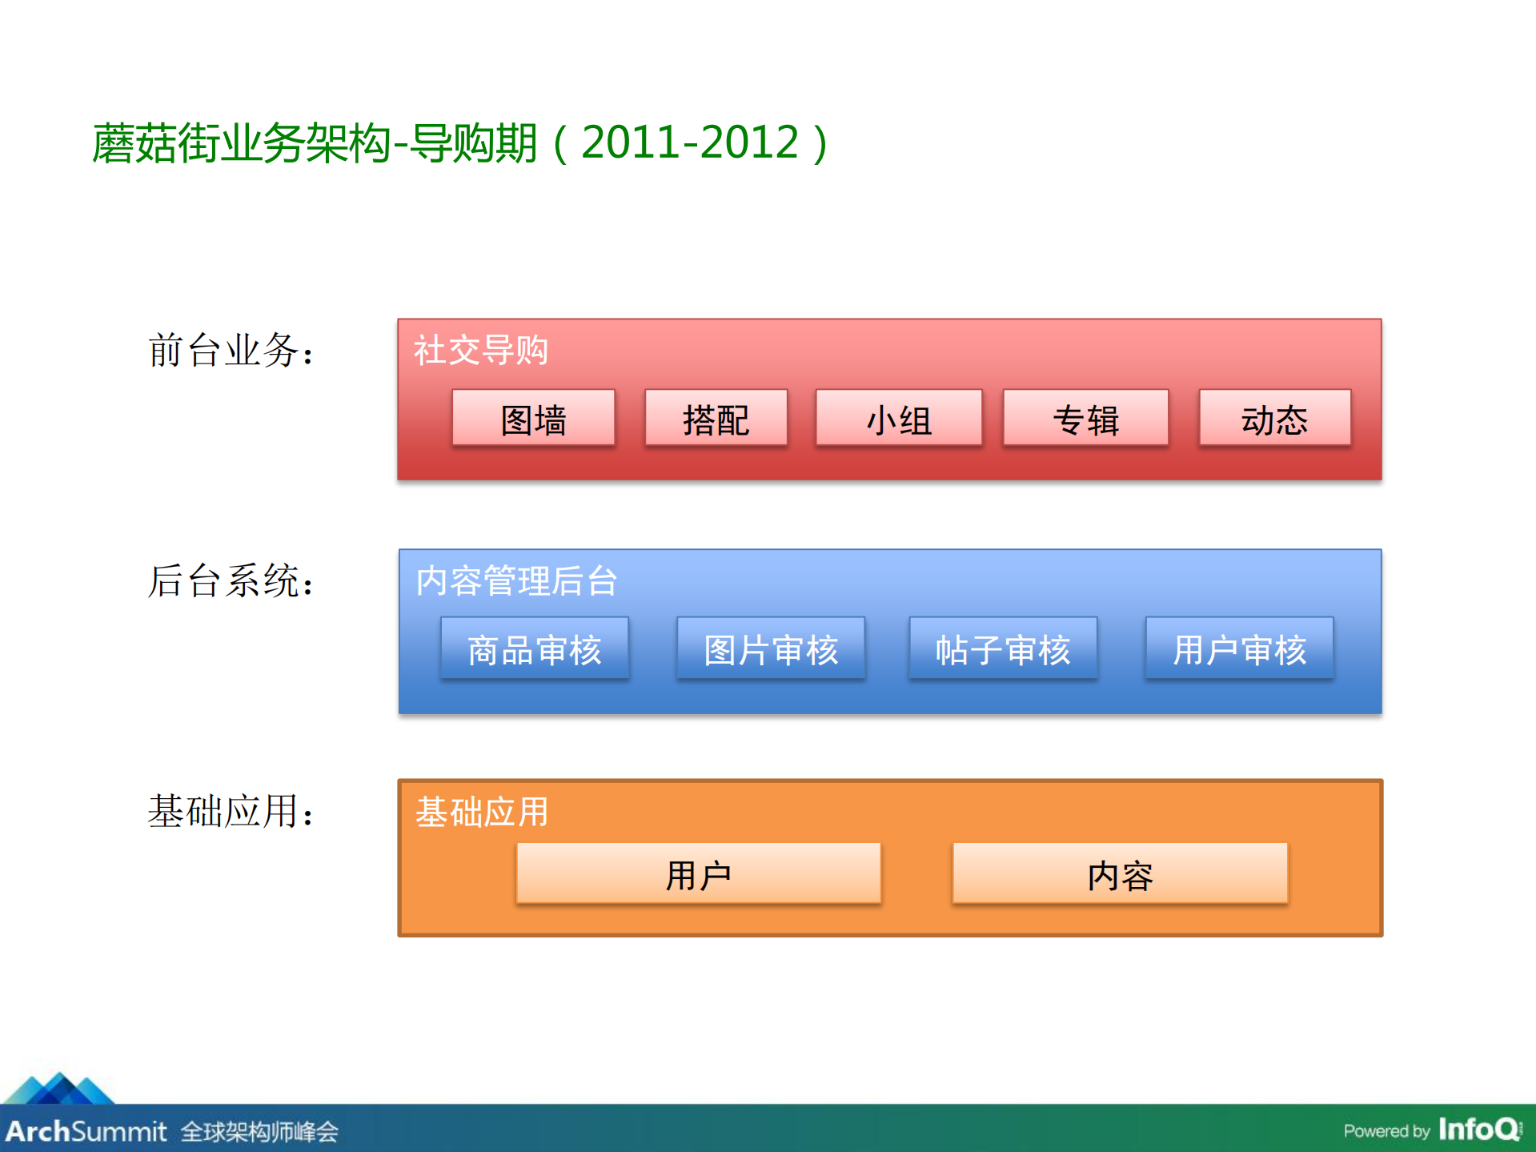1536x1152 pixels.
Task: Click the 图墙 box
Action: pos(533,418)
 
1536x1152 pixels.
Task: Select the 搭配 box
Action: pos(716,418)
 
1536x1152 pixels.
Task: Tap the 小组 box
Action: pos(898,418)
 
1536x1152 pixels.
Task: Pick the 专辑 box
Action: pos(1085,418)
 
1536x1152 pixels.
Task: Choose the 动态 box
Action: pos(1274,418)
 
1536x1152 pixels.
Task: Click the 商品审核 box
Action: pos(534,648)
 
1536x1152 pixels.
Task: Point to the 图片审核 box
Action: pos(770,648)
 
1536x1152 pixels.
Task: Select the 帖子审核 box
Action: pos(1002,648)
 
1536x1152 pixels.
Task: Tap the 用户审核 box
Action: pos(1239,648)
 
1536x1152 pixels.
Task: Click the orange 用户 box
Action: pos(698,873)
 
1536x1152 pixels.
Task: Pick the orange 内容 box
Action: pos(1120,873)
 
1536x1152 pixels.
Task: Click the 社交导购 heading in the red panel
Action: pos(480,350)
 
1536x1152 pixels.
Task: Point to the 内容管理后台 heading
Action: pos(516,580)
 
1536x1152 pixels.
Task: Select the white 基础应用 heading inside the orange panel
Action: pos(481,811)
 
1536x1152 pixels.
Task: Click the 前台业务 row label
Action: pos(231,351)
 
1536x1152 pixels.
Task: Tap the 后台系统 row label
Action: pos(231,580)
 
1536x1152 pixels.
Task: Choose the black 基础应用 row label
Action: pos(231,811)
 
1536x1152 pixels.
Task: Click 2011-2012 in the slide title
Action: pos(689,142)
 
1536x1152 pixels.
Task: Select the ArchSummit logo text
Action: pos(86,1130)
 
